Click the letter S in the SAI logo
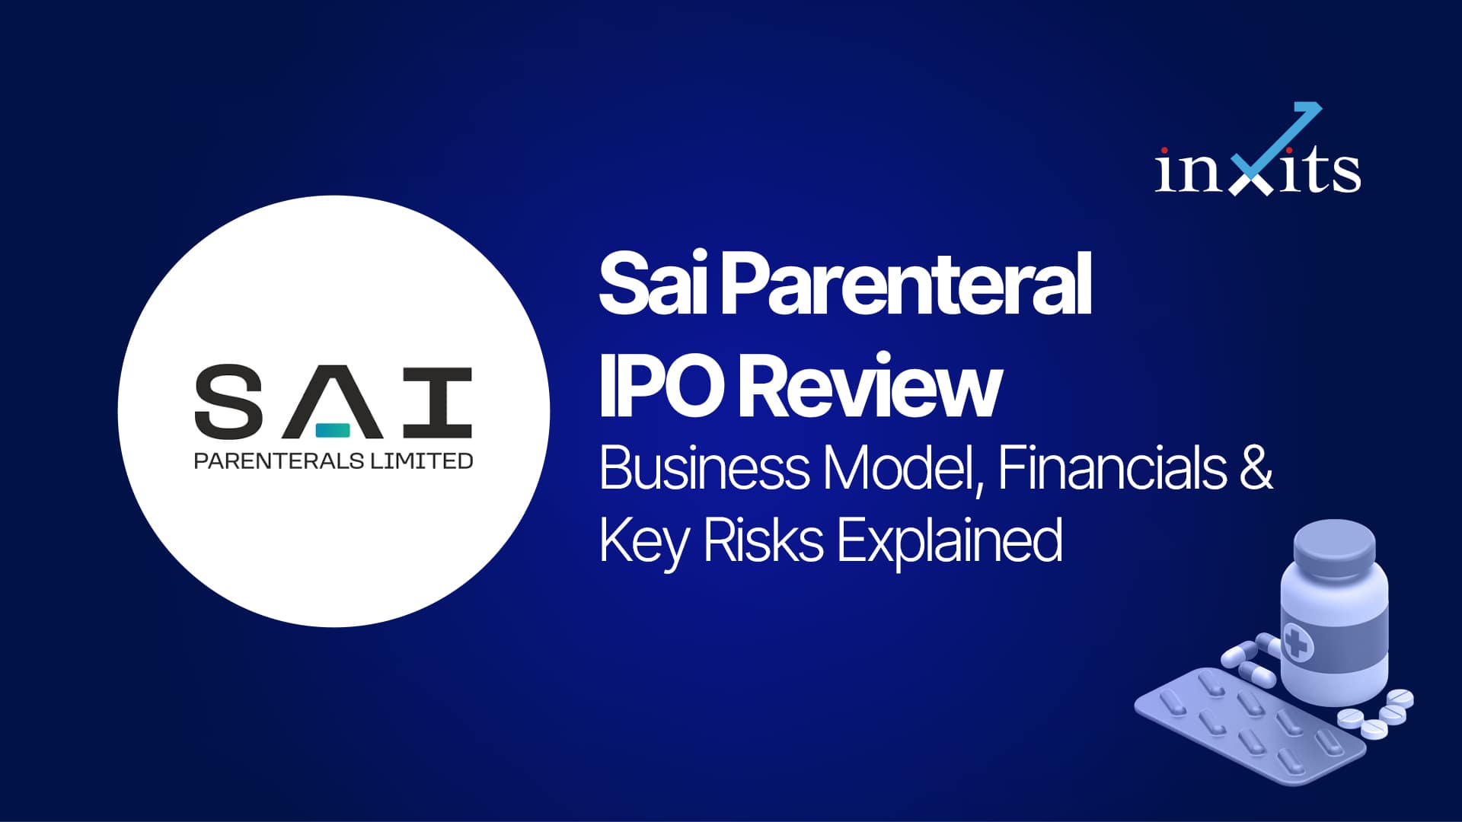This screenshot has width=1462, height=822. (229, 402)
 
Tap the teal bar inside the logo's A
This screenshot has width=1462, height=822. (333, 430)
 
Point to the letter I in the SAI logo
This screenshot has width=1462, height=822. (437, 403)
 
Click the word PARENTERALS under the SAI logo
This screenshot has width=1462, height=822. (279, 461)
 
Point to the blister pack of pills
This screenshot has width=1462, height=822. (1249, 727)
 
